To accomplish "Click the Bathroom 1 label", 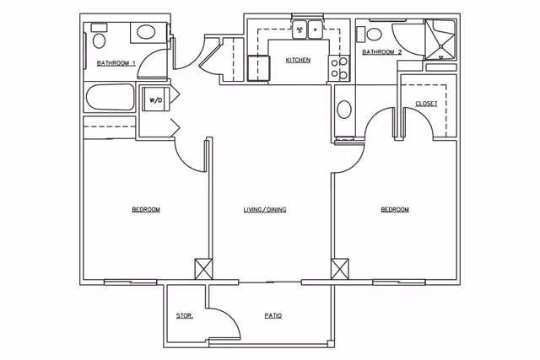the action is (x=116, y=63).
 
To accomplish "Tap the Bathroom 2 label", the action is (x=382, y=52).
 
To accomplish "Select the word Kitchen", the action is (x=298, y=60).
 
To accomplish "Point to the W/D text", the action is (x=155, y=100).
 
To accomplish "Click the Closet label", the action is (x=426, y=104).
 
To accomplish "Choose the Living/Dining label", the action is (x=265, y=210).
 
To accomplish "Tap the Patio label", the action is (x=273, y=315).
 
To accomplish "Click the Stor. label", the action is (x=185, y=315).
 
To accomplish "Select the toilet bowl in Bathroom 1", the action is (x=99, y=40).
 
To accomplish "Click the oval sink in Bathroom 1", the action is (x=146, y=32).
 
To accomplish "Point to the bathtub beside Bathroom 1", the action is (x=110, y=97).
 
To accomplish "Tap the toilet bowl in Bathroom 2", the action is (x=375, y=34).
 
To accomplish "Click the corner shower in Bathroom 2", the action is (x=440, y=40).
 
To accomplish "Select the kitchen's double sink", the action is (x=307, y=30).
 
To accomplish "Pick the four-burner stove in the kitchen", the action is (x=339, y=68).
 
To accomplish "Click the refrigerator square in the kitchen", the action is (x=258, y=68).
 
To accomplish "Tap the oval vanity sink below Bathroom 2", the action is (x=344, y=110).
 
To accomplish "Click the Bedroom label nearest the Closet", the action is (x=395, y=210).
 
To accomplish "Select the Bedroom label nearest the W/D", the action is (x=146, y=210).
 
